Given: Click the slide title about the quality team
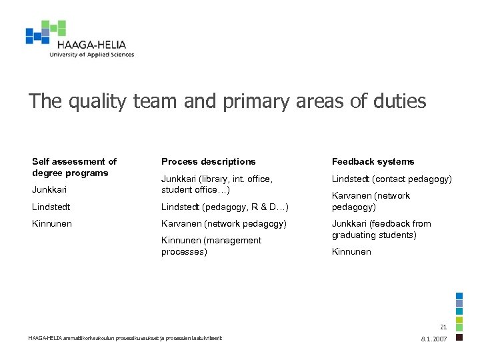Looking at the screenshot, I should point(227,101).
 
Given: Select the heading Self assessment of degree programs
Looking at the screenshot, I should point(74,167).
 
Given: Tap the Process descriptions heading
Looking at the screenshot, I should point(208,161).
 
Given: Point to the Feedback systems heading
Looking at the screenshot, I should point(373,161).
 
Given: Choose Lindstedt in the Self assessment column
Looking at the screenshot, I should point(51,207).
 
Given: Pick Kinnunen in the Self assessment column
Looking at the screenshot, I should point(51,223).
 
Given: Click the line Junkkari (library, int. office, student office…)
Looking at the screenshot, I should point(217,184).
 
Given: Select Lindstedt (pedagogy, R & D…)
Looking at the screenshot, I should point(225,207).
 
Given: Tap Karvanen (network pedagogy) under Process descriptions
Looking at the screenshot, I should point(223,223).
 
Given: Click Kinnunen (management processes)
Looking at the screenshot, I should point(211,246).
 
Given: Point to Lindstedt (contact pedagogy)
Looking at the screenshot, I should point(391,179).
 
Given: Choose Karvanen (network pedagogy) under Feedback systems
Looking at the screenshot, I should point(371,201).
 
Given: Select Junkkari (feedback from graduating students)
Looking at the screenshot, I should point(381,229).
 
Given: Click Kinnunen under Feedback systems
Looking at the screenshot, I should point(351,251).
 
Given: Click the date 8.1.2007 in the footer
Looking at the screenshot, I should point(434,339).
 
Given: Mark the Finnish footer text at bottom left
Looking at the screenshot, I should point(125,338).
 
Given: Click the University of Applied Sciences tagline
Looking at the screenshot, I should point(91,55).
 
